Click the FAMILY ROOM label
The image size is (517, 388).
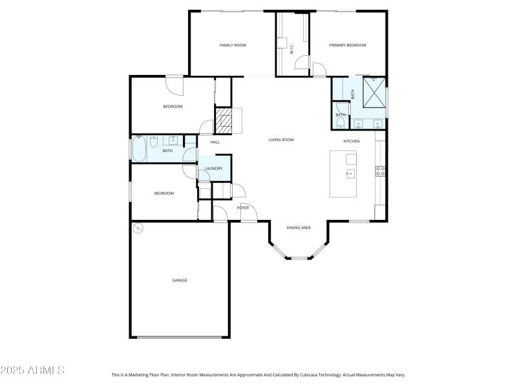(233, 45)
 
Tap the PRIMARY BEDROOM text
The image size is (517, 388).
(348, 45)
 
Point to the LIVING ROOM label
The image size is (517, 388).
(281, 140)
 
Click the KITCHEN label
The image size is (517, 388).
(351, 141)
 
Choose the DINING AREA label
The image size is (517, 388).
(299, 228)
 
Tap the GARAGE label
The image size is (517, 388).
(180, 280)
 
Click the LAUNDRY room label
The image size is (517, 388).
(213, 169)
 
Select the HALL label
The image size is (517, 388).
(215, 142)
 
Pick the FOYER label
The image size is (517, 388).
(243, 208)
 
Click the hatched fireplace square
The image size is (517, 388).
(223, 120)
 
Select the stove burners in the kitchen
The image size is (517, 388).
(381, 171)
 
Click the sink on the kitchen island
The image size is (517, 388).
(350, 173)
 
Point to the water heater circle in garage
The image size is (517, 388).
(138, 228)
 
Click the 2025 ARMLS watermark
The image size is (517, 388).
(32, 371)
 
